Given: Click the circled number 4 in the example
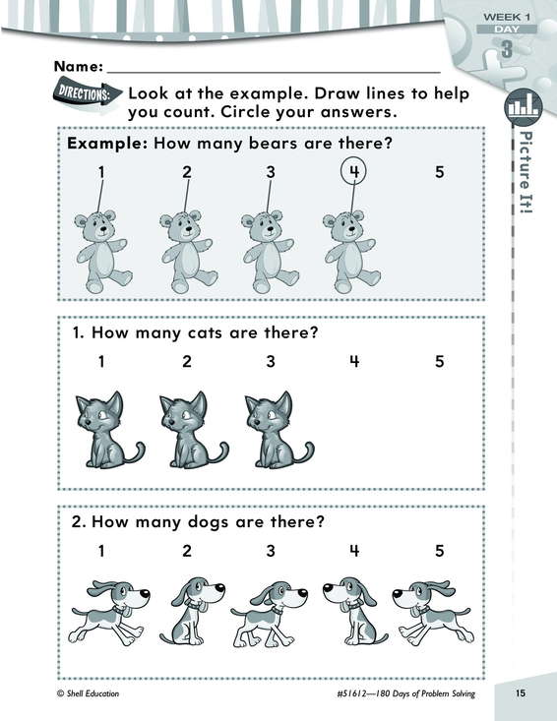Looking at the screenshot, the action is pyautogui.click(x=353, y=171).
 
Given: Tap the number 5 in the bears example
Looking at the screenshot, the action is pyautogui.click(x=440, y=172).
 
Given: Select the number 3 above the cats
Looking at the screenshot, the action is pyautogui.click(x=271, y=361).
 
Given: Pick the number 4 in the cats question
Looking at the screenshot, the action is pyautogui.click(x=353, y=361).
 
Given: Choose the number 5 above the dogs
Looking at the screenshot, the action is pyautogui.click(x=440, y=551).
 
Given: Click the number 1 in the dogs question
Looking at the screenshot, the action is pyautogui.click(x=101, y=551).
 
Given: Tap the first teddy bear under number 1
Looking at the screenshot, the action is pyautogui.click(x=103, y=252).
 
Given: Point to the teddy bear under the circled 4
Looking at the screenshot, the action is pyautogui.click(x=352, y=252).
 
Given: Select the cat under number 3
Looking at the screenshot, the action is pyautogui.click(x=279, y=430).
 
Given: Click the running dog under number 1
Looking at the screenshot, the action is pyautogui.click(x=109, y=613).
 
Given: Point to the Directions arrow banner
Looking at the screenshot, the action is pyautogui.click(x=88, y=94).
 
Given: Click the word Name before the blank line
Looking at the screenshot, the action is pyautogui.click(x=79, y=67).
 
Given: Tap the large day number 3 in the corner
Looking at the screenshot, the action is pyautogui.click(x=507, y=49).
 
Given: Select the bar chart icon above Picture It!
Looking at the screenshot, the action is pyautogui.click(x=524, y=107).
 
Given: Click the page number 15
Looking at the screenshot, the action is pyautogui.click(x=521, y=692).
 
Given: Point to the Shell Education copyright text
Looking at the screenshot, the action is pyautogui.click(x=88, y=693).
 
